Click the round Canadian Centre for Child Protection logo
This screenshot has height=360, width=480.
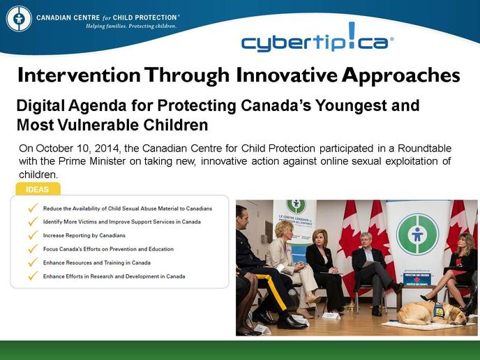pyautogui.click(x=19, y=18)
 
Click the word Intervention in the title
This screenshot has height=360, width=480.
pyautogui.click(x=79, y=75)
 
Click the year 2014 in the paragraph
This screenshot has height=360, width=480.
pyautogui.click(x=106, y=149)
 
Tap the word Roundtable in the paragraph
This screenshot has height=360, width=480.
pyautogui.click(x=424, y=149)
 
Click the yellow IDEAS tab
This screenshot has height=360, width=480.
pyautogui.click(x=38, y=189)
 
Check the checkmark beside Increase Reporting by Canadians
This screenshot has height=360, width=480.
pyautogui.click(x=33, y=235)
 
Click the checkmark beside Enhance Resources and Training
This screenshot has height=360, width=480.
pyautogui.click(x=33, y=262)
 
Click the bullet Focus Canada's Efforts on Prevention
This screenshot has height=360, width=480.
pyautogui.click(x=108, y=249)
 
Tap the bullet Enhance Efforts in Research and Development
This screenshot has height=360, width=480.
pyautogui.click(x=114, y=276)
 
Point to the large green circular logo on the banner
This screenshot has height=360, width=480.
pyautogui.click(x=417, y=234)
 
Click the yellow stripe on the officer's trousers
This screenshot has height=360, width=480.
pyautogui.click(x=274, y=291)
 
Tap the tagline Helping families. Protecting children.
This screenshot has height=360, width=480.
pyautogui.click(x=131, y=27)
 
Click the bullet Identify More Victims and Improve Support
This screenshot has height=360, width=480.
pyautogui.click(x=122, y=222)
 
